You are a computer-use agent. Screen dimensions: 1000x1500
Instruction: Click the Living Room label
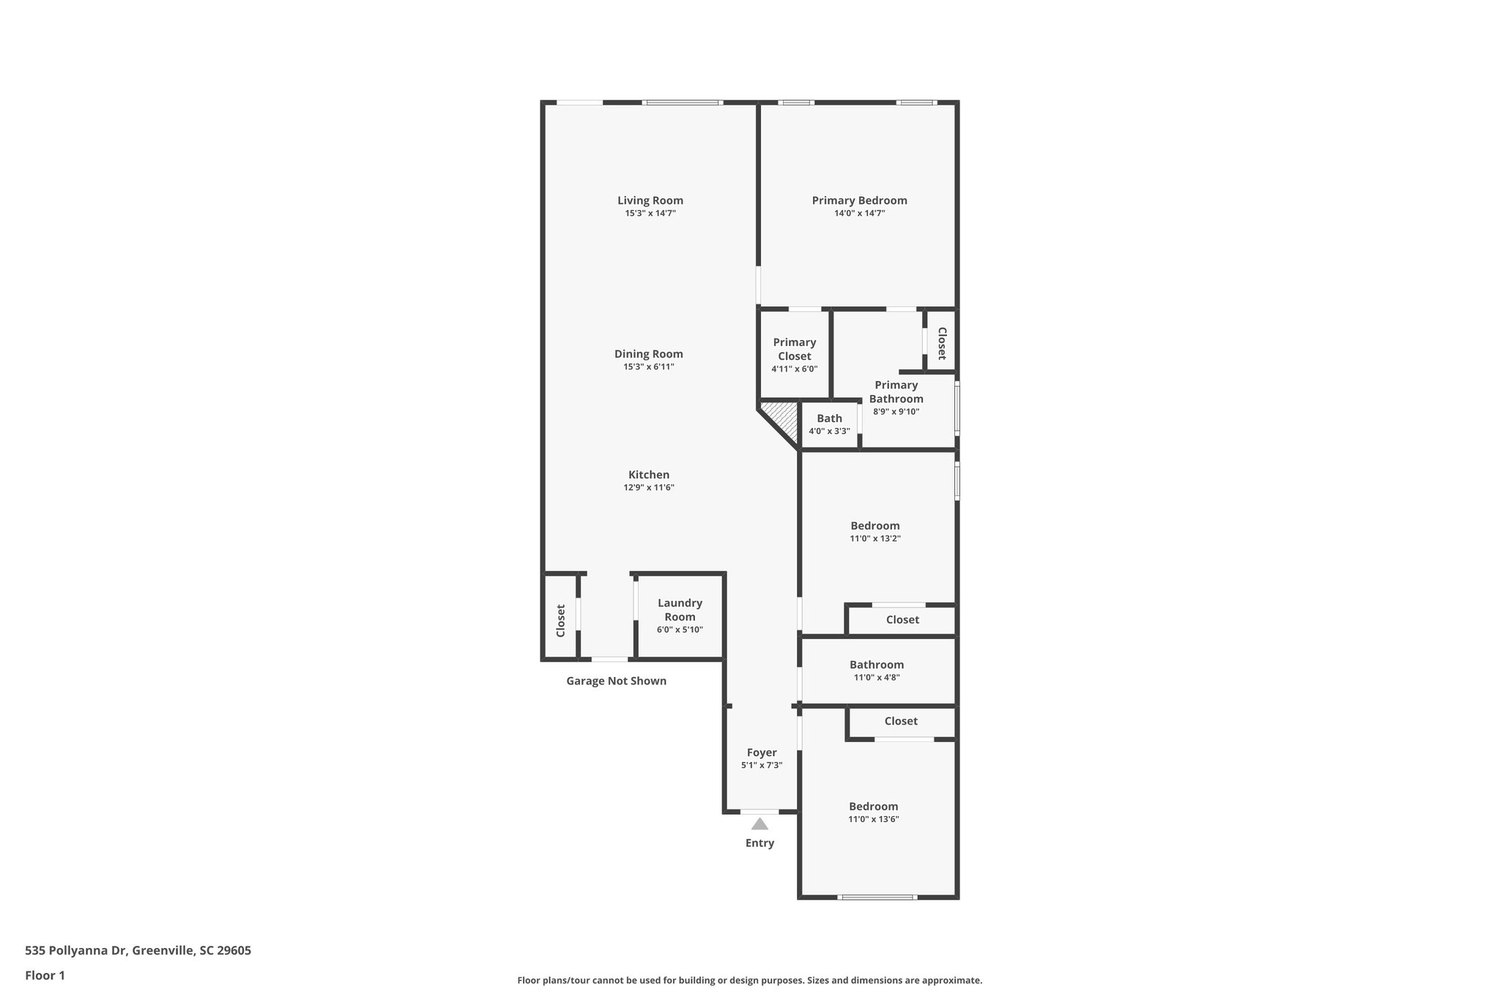coord(650,201)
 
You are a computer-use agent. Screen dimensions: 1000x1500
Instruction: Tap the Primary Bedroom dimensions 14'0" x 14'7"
coord(859,213)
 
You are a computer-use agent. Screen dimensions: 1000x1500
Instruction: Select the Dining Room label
coord(648,354)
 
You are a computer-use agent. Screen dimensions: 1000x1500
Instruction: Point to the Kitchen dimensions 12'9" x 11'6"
coord(648,487)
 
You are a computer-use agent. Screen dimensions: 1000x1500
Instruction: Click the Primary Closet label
coord(794,349)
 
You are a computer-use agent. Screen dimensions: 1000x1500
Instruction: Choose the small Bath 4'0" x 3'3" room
coord(829,423)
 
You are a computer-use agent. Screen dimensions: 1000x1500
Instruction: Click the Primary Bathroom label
coord(896,392)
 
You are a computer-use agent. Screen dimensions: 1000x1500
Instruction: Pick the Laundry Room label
coord(680,610)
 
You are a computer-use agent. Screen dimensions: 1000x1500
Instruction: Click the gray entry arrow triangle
coord(760,824)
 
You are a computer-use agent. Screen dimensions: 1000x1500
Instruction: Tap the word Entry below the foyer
coord(760,843)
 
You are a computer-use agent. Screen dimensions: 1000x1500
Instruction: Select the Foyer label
coord(762,752)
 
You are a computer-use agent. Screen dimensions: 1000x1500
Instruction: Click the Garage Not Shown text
coord(616,681)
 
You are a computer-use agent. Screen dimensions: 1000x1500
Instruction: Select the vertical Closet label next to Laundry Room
coord(560,620)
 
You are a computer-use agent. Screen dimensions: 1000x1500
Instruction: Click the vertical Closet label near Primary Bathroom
coord(941,344)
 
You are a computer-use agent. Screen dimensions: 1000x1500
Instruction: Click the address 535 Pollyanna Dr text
coord(138,951)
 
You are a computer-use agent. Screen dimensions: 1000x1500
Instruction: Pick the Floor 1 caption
coord(45,975)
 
